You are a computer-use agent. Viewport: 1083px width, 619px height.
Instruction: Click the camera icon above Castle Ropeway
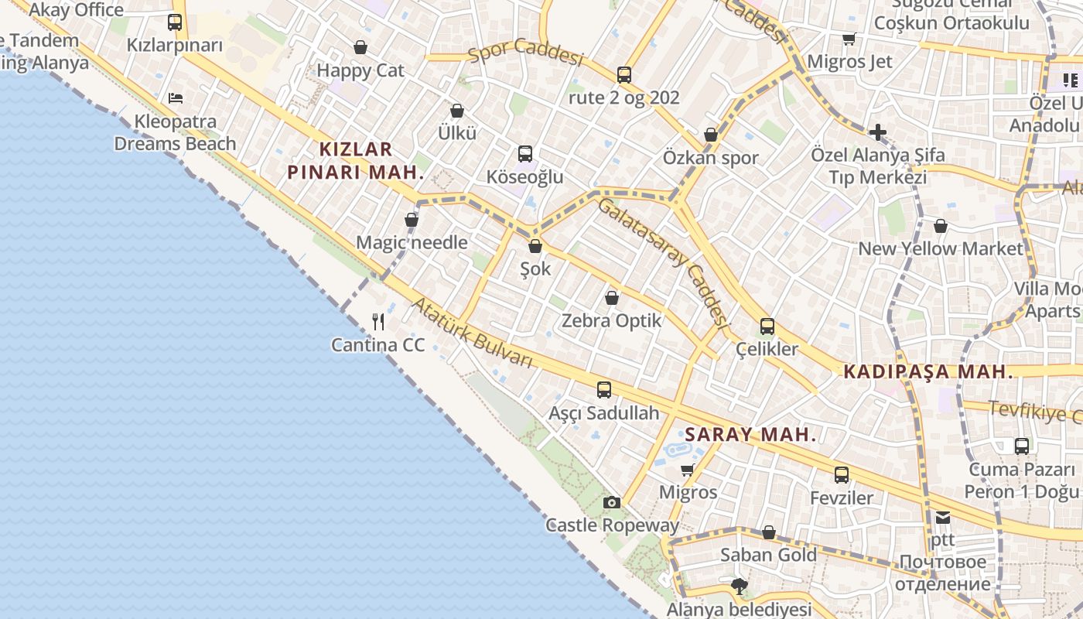coord(612,503)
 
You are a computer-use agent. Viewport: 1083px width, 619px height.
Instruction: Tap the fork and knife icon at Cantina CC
coord(378,321)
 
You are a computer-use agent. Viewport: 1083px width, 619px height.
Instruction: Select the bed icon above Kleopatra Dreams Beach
coord(176,98)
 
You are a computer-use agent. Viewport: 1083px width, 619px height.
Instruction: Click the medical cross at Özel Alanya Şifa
coord(877,132)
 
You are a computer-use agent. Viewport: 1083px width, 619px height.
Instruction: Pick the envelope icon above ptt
coord(942,518)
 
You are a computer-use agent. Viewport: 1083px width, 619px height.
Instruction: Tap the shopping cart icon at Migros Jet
coord(849,39)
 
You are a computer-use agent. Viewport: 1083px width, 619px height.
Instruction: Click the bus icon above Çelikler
coord(767,327)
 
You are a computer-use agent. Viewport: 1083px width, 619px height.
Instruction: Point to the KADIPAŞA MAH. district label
coord(928,371)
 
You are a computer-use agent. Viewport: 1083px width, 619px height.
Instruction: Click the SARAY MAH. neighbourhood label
coord(750,434)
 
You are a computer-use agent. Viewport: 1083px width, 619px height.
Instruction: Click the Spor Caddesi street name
coord(525,54)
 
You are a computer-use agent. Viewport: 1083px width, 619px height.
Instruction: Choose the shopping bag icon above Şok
coord(535,247)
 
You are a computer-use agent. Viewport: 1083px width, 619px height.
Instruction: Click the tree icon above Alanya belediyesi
coord(740,586)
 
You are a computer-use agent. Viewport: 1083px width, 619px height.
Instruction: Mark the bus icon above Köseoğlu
coord(525,154)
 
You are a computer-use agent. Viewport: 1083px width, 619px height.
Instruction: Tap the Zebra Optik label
coord(612,320)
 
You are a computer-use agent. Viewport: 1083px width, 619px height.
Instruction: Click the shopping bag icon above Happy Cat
coord(360,48)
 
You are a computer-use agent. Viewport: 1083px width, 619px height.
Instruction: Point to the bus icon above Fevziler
coord(842,475)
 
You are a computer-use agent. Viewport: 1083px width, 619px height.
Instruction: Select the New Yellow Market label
coord(941,248)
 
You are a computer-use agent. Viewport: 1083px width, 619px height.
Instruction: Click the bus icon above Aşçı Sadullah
coord(604,390)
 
